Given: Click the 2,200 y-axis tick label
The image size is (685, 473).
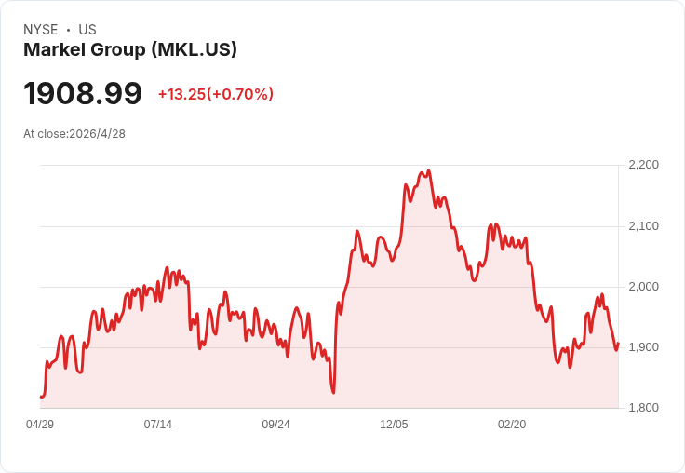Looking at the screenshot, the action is [643, 165].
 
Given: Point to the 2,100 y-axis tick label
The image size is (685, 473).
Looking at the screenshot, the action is [643, 226].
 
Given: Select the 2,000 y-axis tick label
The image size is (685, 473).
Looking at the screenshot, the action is [643, 287].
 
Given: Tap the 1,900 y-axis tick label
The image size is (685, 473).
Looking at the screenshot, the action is [643, 347].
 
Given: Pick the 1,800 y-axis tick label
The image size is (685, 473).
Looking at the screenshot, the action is [643, 408].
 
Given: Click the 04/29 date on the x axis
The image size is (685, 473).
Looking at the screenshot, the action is [40, 425].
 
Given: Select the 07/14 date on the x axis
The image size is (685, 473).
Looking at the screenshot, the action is [157, 425].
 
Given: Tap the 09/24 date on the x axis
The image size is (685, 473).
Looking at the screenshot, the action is [275, 425].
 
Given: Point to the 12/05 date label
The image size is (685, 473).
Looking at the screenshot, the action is [394, 425].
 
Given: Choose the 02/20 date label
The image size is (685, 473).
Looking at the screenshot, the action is [512, 425].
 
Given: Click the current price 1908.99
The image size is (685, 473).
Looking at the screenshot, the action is [83, 93].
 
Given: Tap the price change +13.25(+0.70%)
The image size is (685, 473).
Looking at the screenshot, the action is [216, 94].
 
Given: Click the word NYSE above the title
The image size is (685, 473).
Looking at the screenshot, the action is [41, 30].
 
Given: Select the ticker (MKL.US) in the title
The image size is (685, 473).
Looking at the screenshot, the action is [195, 50].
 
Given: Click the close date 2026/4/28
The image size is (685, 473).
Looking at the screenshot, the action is [97, 134].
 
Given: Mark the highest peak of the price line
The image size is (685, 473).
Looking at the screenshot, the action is [428, 171].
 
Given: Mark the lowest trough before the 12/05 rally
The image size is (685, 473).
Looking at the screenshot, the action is [333, 393].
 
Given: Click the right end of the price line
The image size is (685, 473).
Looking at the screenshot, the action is [618, 344].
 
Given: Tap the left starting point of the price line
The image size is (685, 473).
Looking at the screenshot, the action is [41, 397].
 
